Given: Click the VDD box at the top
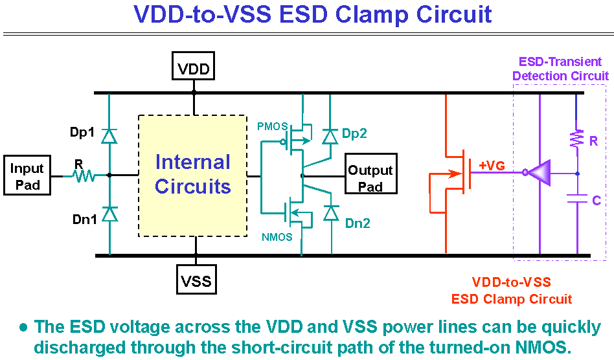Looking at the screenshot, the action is click(194, 66).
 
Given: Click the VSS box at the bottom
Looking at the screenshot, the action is click(196, 280).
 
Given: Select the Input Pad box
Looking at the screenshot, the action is click(27, 175).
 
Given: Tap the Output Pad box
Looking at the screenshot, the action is click(371, 174).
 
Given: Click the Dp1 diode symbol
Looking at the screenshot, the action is click(109, 136).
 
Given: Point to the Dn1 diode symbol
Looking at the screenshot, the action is click(109, 214).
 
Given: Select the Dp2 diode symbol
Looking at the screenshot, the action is click(330, 137).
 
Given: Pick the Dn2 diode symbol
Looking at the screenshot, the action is click(331, 213).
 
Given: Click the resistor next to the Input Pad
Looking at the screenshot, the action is click(84, 175).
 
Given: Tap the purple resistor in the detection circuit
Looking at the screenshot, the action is click(577, 138).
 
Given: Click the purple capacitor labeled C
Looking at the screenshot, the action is click(578, 198).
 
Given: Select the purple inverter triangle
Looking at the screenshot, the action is click(540, 173).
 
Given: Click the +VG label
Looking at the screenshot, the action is click(492, 166).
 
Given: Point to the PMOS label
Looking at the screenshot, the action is click(272, 126).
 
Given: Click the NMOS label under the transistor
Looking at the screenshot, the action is click(277, 237).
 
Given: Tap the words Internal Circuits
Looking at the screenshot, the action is click(192, 174).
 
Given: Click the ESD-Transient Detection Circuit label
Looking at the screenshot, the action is click(560, 69).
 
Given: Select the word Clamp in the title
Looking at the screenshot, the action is click(370, 14).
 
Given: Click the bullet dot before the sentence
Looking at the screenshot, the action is click(23, 327).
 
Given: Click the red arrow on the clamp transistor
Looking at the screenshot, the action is click(454, 174).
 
